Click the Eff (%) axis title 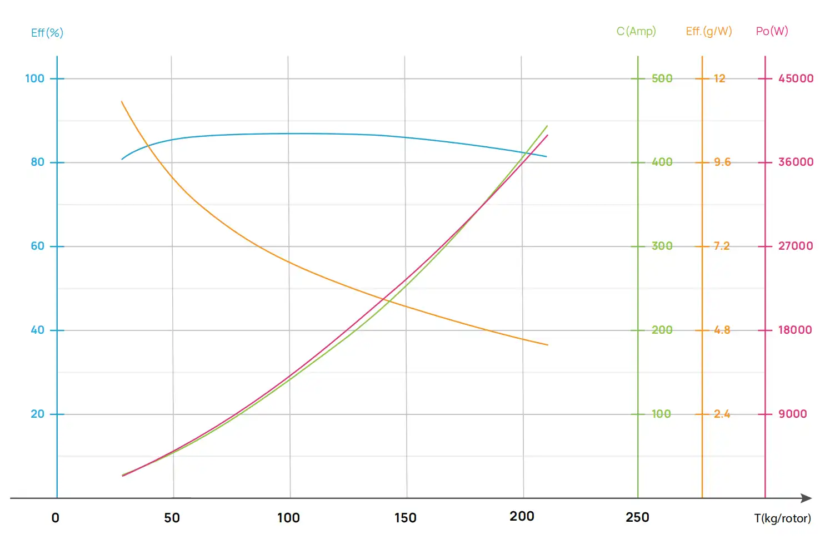[47, 33]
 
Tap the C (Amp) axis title [636, 31]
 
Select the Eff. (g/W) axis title [709, 31]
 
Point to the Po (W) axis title [772, 31]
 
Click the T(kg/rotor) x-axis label [782, 518]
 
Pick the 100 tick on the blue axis [35, 78]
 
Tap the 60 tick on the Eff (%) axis [38, 246]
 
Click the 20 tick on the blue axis [38, 414]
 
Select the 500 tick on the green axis [662, 78]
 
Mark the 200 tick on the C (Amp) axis [662, 330]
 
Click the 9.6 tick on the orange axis [722, 162]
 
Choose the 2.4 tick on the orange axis [722, 414]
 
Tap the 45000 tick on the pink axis [796, 78]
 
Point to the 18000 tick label [795, 330]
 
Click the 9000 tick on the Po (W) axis [793, 414]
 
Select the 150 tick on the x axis [406, 518]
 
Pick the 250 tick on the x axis [637, 517]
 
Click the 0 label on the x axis [56, 518]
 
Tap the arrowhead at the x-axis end [807, 498]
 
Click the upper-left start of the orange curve [122, 102]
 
